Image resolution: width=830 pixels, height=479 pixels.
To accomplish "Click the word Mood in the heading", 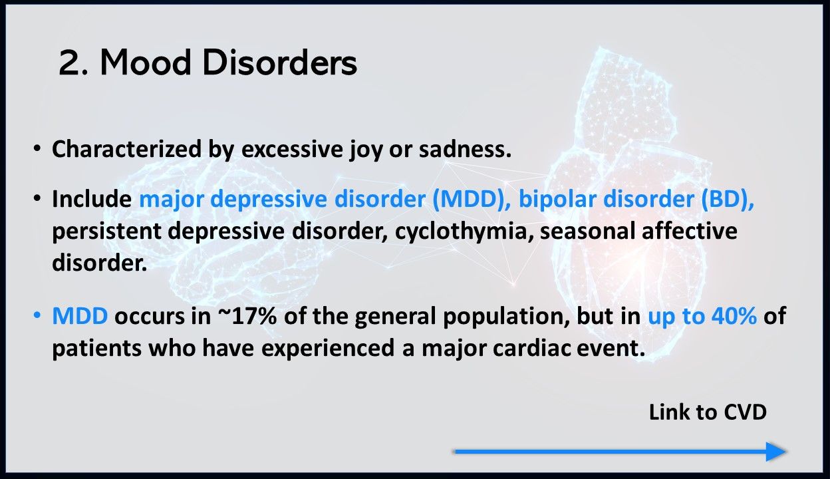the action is (x=146, y=63).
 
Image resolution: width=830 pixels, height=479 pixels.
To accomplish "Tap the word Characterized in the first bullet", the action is (x=126, y=149).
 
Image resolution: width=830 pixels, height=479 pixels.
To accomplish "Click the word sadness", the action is (x=465, y=149).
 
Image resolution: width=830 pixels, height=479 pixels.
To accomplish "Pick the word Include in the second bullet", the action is (x=92, y=199).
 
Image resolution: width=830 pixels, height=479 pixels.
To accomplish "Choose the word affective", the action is (x=690, y=231).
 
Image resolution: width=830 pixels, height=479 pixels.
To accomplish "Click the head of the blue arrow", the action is (x=776, y=452).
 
